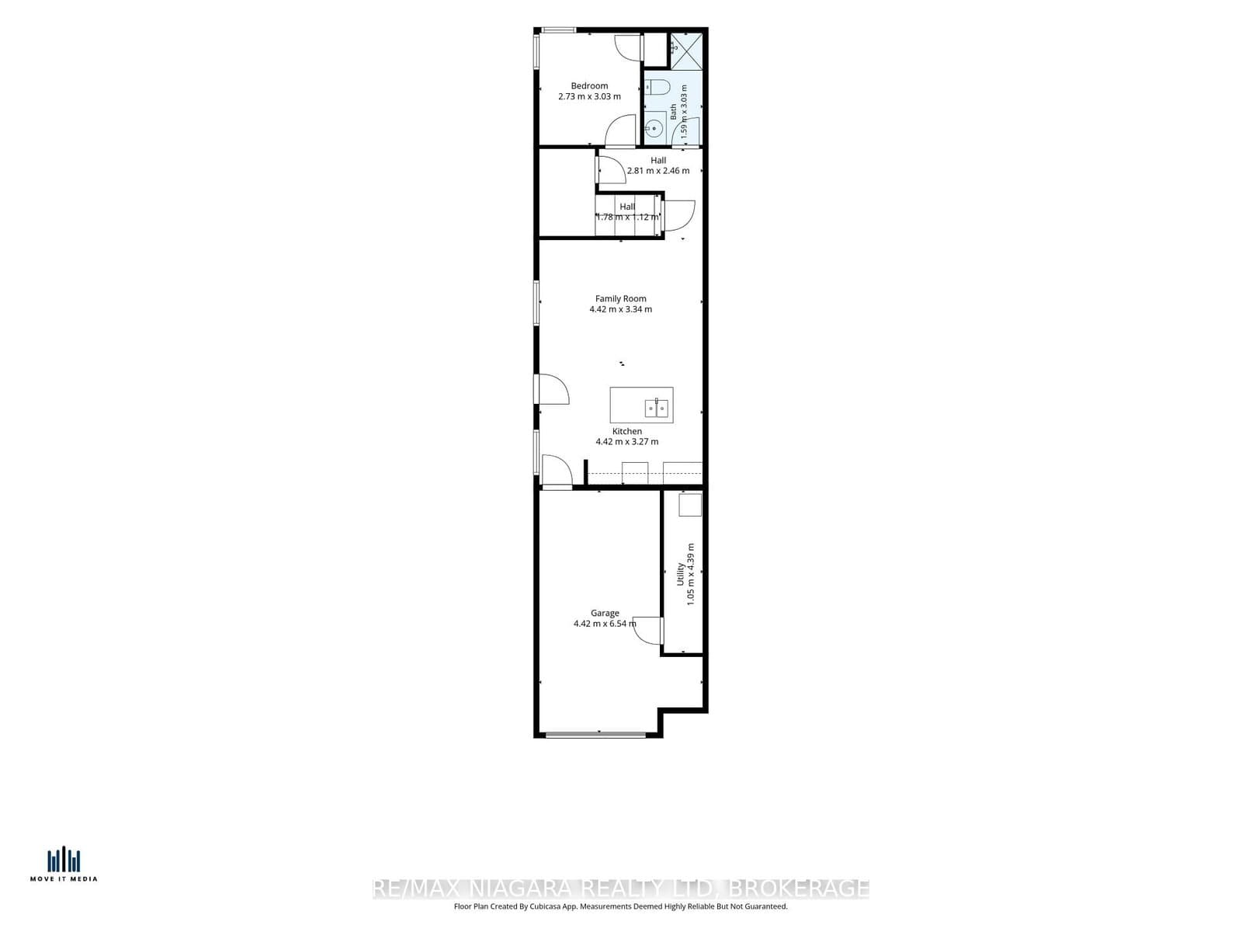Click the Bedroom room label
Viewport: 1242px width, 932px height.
tap(589, 86)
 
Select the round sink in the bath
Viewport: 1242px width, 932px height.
tap(654, 128)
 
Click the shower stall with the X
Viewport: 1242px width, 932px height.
tap(686, 51)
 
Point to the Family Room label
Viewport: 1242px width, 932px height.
tap(620, 299)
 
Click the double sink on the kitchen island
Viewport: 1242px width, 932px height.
tap(657, 408)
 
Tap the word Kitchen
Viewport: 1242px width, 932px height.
tap(627, 431)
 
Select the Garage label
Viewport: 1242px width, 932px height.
tap(605, 613)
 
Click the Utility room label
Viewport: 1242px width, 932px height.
tap(681, 574)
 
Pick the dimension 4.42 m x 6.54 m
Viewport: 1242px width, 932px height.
tap(605, 624)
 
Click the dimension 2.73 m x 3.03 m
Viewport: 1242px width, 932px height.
tap(589, 96)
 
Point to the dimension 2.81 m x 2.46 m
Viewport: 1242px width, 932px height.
tap(658, 170)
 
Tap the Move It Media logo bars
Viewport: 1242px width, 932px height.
tap(64, 861)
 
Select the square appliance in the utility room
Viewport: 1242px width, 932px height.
tap(690, 505)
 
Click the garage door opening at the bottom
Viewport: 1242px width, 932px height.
tap(595, 735)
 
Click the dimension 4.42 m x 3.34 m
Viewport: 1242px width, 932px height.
tap(620, 309)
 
